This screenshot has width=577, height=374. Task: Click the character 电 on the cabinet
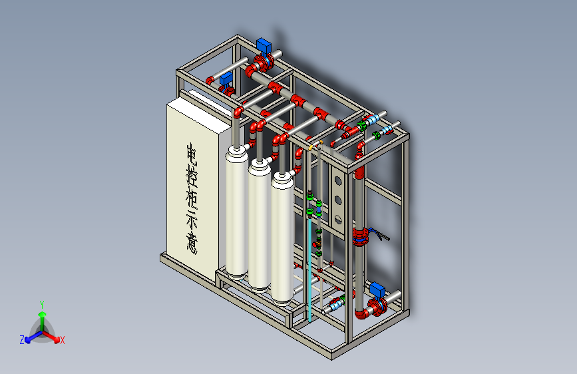(192, 154)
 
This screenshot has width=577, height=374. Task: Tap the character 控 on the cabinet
(192, 178)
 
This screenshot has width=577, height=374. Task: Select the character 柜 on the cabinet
(192, 200)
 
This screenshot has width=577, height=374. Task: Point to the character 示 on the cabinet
(192, 221)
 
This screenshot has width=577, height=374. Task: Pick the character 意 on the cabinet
(192, 243)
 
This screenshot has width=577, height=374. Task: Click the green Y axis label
(42, 304)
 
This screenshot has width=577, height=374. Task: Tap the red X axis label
(62, 341)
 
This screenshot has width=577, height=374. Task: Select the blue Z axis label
(22, 340)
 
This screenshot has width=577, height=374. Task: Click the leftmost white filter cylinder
(236, 212)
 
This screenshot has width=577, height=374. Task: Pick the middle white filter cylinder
(260, 224)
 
